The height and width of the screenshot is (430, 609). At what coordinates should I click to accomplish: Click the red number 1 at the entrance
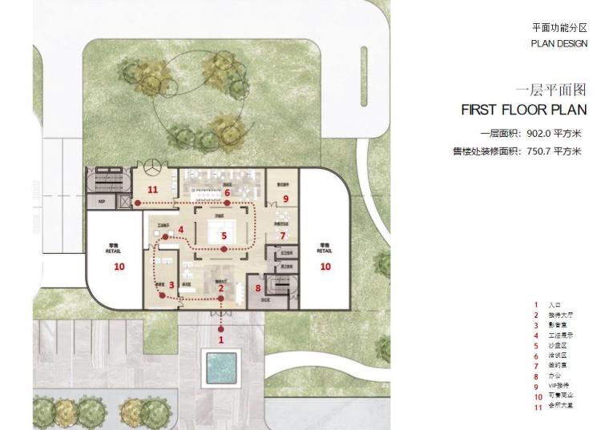pos(222,340)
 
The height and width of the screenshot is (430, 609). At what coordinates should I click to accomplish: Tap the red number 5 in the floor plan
pos(224,235)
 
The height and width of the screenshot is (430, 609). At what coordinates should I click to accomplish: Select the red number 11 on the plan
pos(153,190)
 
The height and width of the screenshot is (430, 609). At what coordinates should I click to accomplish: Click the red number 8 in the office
pos(258,288)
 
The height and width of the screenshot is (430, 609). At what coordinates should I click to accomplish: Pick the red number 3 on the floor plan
pos(171,285)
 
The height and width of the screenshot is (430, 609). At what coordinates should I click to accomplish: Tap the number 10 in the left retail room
pos(119,267)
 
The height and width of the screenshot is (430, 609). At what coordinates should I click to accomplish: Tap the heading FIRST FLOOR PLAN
pos(524,109)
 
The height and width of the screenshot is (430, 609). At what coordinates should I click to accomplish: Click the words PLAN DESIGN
pos(559,43)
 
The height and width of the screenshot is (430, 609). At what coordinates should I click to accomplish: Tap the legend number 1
pos(535,304)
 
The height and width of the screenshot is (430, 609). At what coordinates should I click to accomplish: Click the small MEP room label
pos(103,202)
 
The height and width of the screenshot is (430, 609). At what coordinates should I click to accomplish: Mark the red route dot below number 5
pos(224,250)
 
